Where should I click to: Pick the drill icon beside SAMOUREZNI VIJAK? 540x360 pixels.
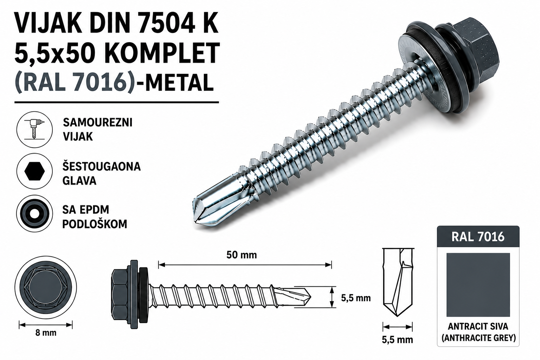click(x=34, y=129)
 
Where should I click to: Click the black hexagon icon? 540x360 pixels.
click(x=34, y=171)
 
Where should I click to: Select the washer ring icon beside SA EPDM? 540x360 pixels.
click(x=34, y=213)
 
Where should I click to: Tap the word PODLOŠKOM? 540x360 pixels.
click(x=95, y=224)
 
